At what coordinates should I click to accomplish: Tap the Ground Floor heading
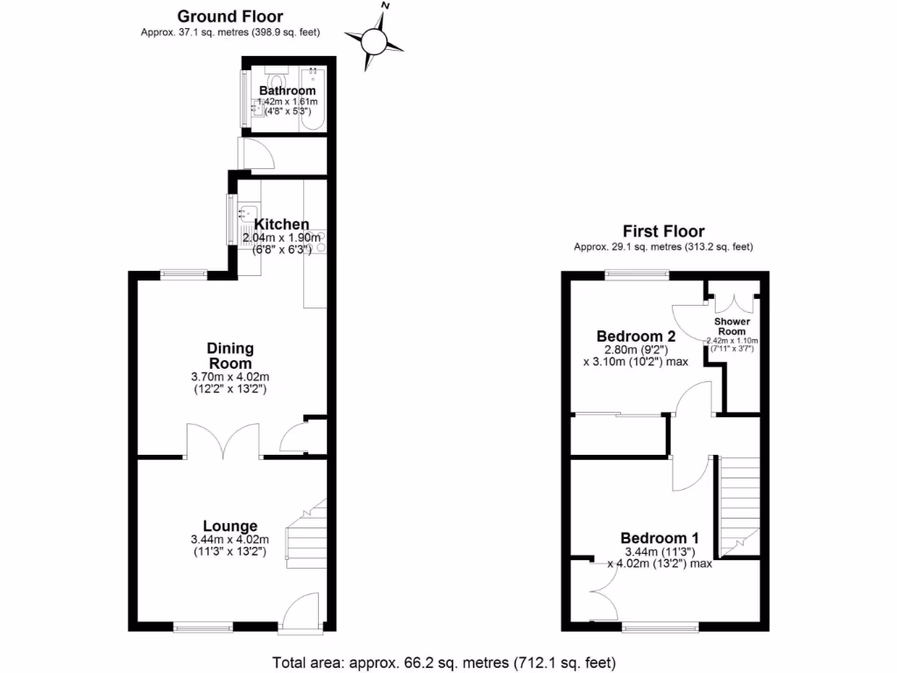pos(230,16)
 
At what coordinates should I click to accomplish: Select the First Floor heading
pos(663,231)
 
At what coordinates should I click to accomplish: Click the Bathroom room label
pos(287,90)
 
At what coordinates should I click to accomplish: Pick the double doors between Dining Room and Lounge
pos(223,441)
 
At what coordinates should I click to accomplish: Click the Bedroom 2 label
pos(636,336)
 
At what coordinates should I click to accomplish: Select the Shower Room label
pos(731,326)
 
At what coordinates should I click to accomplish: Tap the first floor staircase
pos(738,504)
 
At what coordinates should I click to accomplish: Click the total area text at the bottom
pos(444,662)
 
